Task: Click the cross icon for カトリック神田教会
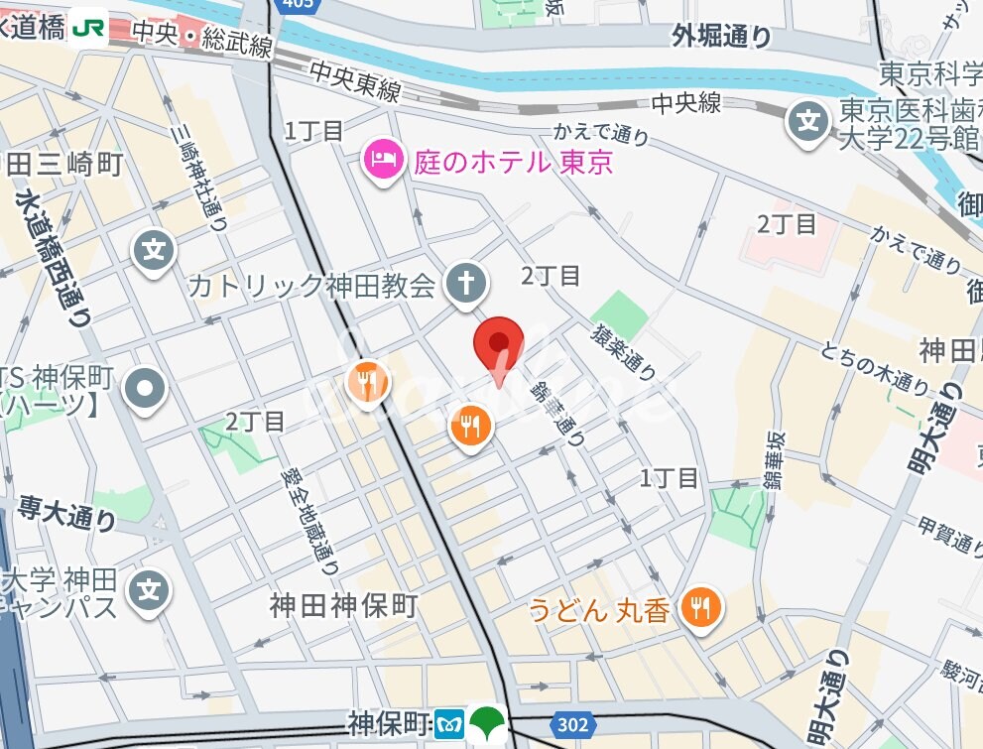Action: [465, 284]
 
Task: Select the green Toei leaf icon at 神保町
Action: [487, 723]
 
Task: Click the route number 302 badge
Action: [573, 726]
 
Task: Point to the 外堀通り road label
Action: [721, 37]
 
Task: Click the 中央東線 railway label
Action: [354, 81]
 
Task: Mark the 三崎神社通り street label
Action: [198, 177]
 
